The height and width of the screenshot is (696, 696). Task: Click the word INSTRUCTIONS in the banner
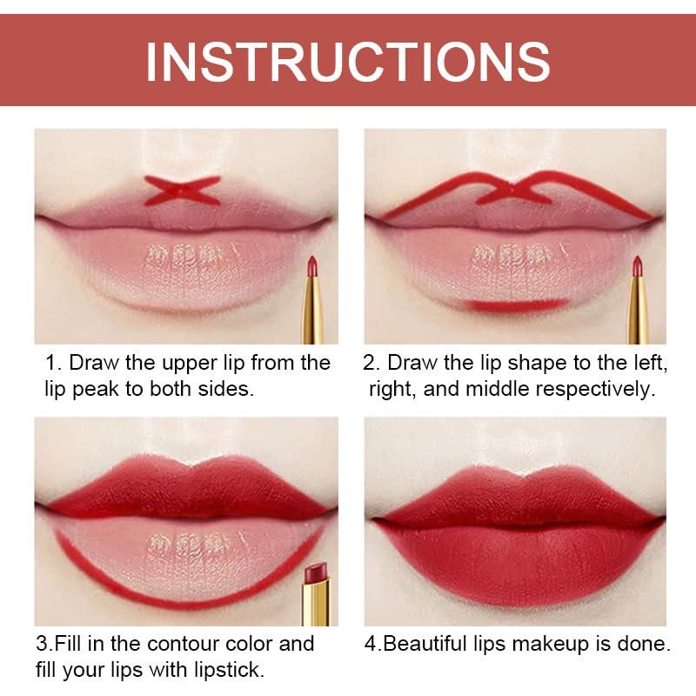[348, 61]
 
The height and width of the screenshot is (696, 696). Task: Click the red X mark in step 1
[183, 190]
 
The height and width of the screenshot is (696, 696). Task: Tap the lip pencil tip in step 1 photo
[311, 264]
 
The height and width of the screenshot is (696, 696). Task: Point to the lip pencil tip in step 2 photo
[637, 265]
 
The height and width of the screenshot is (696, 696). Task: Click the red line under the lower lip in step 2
[515, 305]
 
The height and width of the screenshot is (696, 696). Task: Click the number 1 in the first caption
[52, 363]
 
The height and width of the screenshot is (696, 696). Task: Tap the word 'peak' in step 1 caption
[96, 390]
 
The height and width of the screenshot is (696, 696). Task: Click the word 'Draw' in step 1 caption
[94, 363]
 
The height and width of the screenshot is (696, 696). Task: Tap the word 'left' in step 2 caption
[650, 363]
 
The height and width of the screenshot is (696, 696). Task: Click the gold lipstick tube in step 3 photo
[316, 602]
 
